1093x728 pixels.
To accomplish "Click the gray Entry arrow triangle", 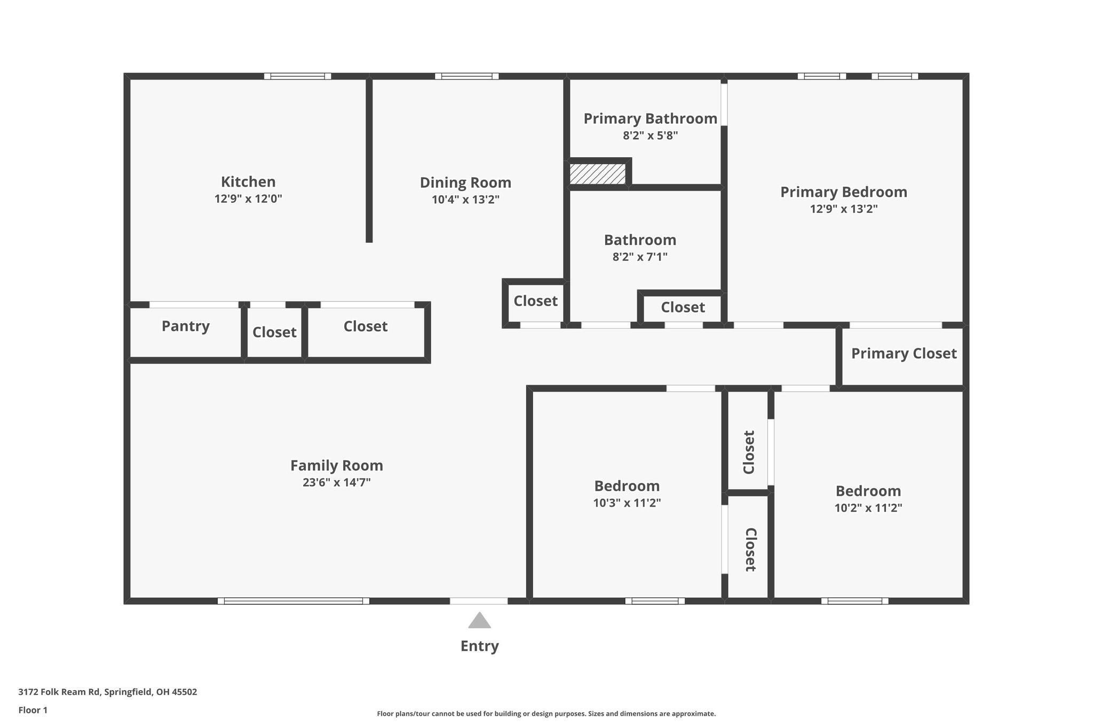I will click(x=479, y=621).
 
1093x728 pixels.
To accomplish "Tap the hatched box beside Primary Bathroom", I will click(x=597, y=174).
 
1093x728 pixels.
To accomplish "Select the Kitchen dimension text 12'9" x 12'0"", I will click(x=248, y=199).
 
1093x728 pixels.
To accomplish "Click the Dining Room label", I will click(x=465, y=183).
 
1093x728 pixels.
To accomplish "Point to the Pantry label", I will click(x=185, y=326).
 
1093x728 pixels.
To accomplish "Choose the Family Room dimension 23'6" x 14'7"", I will click(x=336, y=483).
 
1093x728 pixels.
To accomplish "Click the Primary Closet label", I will click(x=904, y=354).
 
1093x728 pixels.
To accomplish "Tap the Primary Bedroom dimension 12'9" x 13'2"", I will click(x=843, y=209).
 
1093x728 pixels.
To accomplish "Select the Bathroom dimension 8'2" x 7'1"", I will click(x=640, y=257).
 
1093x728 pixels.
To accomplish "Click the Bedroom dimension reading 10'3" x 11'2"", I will click(x=627, y=503).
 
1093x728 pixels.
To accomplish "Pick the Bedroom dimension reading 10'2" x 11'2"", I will click(x=868, y=508).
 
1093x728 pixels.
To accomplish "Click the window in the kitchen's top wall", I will click(x=297, y=76).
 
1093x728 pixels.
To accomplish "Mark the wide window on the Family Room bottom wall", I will click(x=293, y=601).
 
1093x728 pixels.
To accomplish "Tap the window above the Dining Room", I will click(x=466, y=76).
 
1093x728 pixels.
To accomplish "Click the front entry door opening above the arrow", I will click(x=479, y=601).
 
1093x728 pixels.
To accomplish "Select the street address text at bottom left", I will click(x=107, y=692).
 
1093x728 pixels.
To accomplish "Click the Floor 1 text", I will click(x=33, y=710).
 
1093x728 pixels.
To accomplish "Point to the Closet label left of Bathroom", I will click(x=535, y=301).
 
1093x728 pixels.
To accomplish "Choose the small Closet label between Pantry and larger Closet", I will click(x=274, y=332).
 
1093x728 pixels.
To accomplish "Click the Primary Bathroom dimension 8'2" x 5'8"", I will click(x=650, y=135).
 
